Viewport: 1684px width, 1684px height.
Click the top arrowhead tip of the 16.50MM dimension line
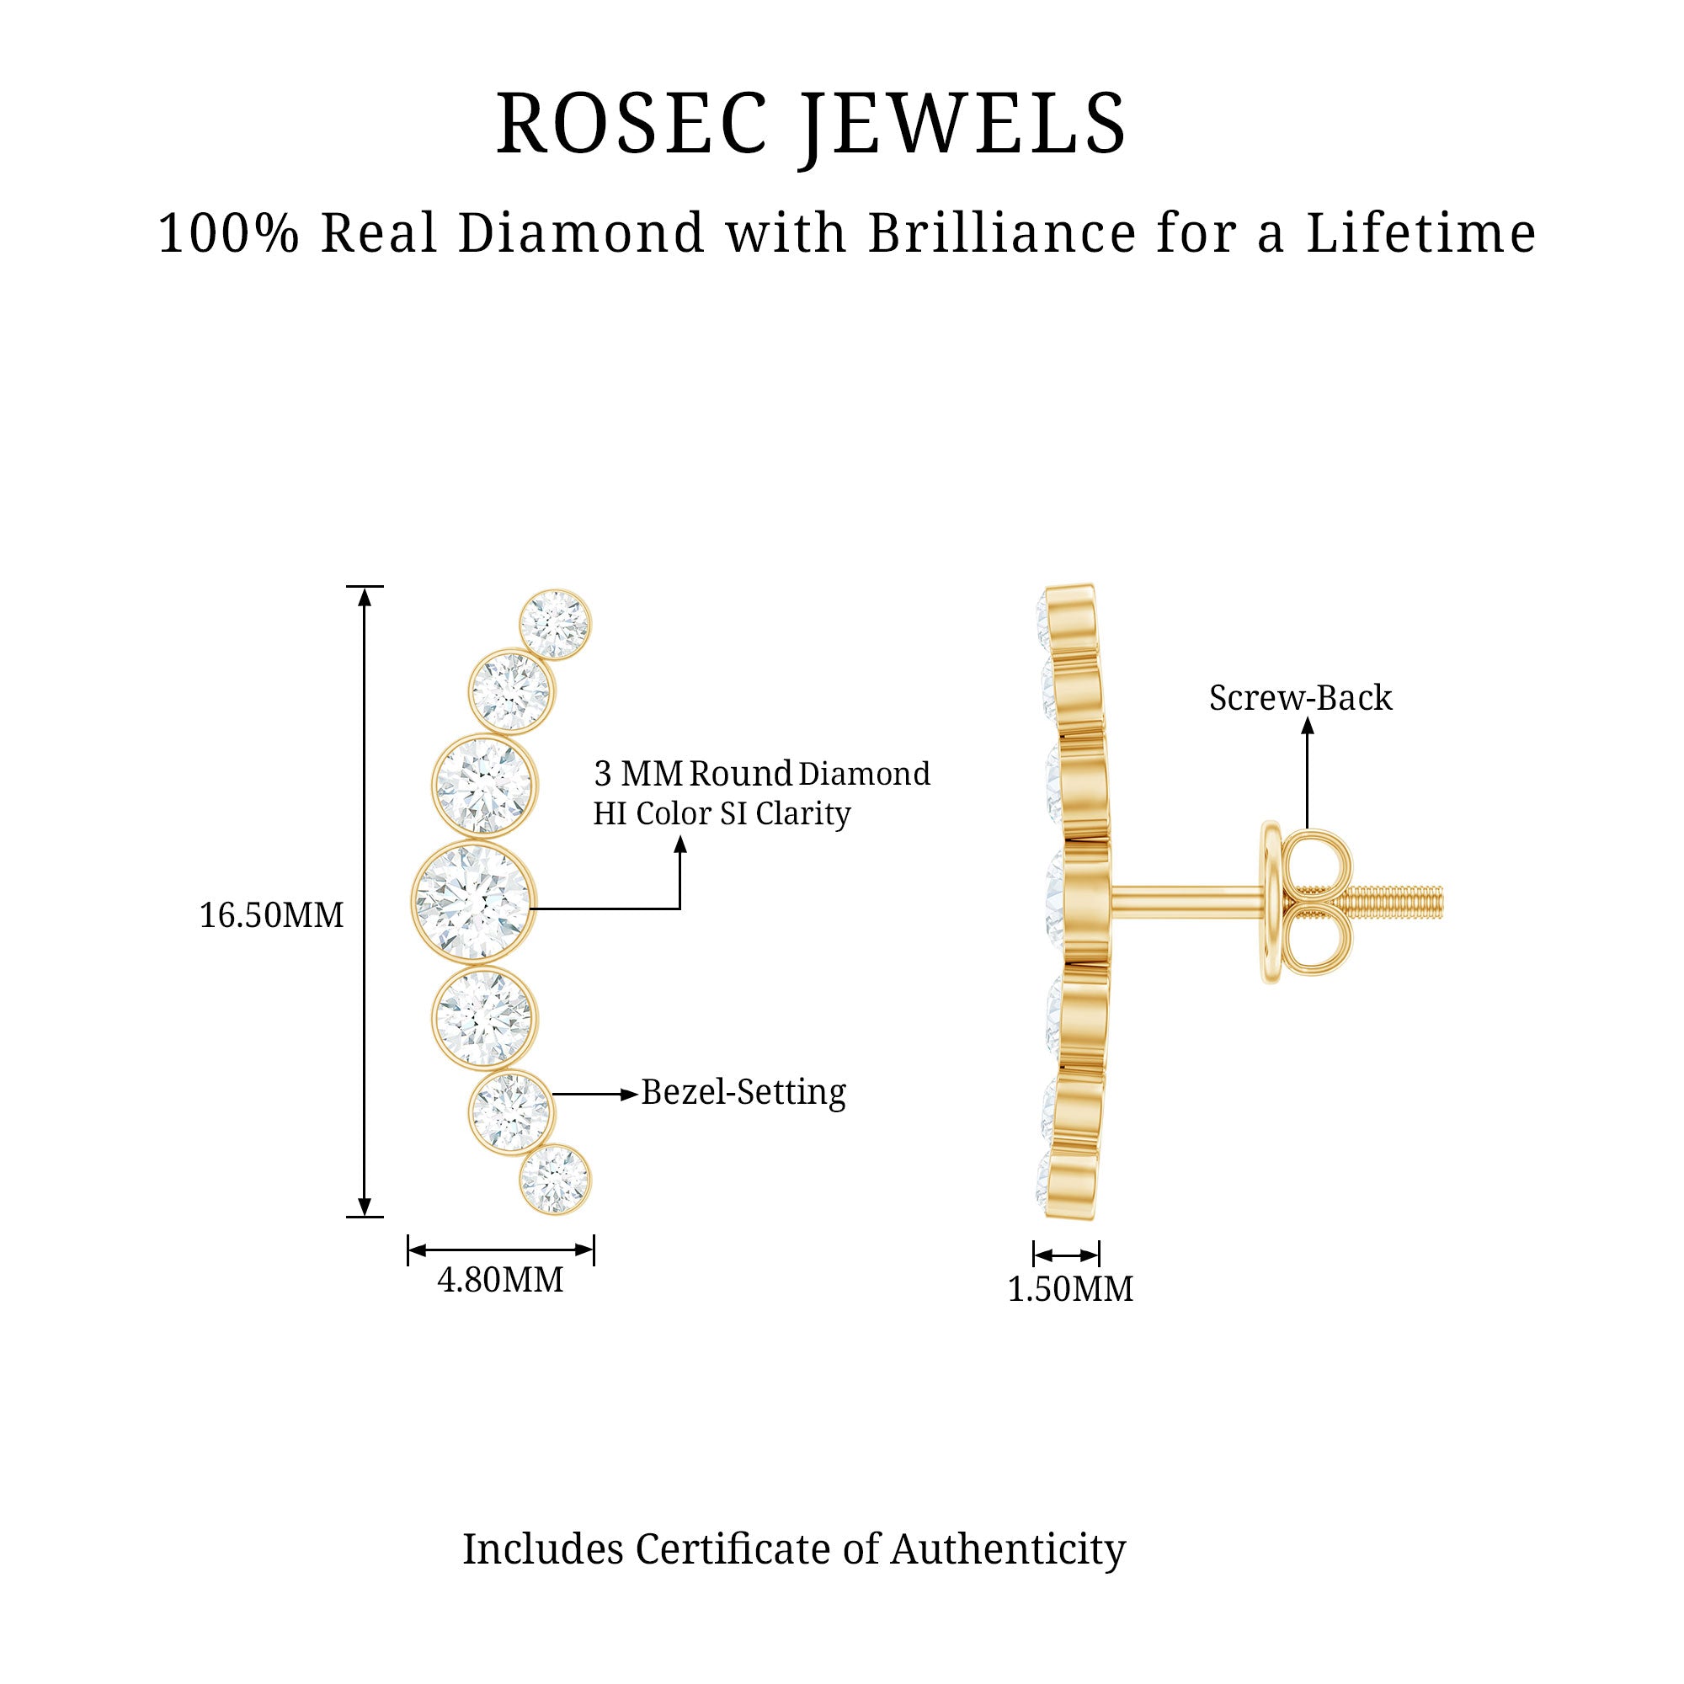(365, 589)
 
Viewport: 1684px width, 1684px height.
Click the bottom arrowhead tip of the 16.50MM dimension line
(365, 1215)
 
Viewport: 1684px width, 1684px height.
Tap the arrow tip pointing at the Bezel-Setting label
(639, 1094)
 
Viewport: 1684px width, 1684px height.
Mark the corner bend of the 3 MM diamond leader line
(679, 909)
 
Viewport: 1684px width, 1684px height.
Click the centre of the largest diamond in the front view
(474, 902)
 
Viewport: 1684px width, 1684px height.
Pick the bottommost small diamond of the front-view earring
(554, 1180)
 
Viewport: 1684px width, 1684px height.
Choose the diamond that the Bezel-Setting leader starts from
(511, 1111)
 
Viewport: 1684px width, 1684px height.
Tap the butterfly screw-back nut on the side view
(1305, 903)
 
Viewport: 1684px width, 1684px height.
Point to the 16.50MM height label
(272, 915)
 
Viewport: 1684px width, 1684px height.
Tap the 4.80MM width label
(500, 1280)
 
